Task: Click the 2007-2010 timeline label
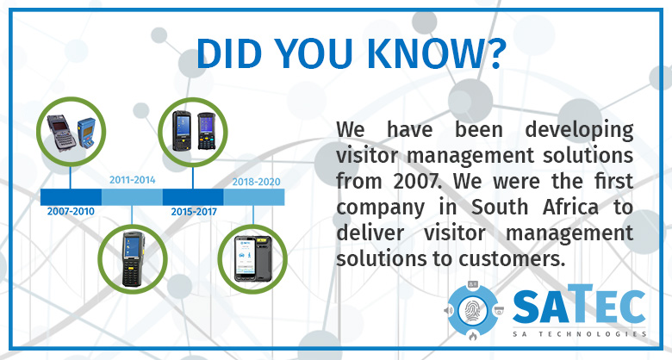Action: [x=71, y=211]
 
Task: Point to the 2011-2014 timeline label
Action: [x=133, y=180]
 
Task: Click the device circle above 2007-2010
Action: [x=71, y=131]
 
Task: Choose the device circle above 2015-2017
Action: [x=193, y=131]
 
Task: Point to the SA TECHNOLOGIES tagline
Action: [x=579, y=333]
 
